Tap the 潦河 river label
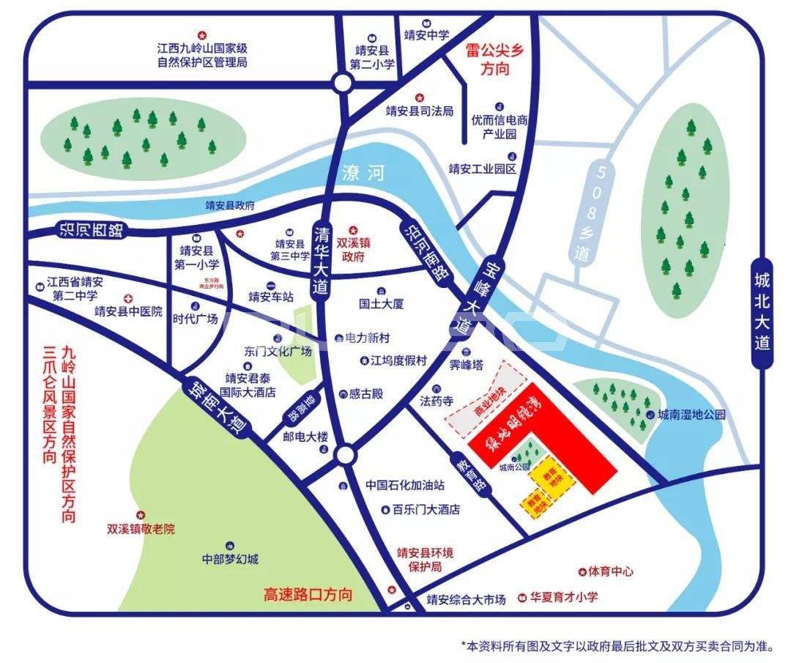363,173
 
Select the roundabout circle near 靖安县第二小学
341,83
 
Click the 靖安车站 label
270,297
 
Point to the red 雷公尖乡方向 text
495,60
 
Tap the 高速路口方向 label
308,594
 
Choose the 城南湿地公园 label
691,414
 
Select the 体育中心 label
610,571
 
